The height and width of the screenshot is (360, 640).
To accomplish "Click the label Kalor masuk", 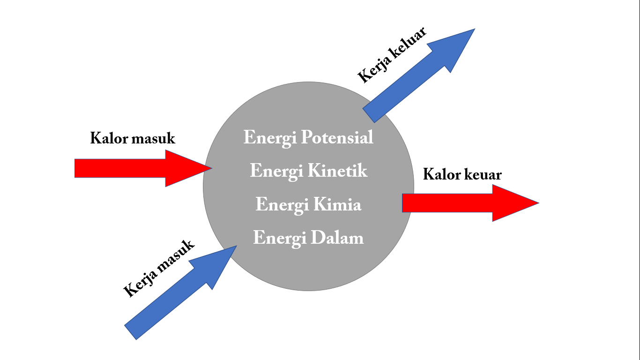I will [133, 139].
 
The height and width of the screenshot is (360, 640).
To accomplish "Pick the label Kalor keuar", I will [462, 174].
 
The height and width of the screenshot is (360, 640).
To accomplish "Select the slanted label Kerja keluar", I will [392, 55].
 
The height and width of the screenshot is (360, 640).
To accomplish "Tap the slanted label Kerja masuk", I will [159, 269].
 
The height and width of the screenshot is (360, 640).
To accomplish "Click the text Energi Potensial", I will [308, 138].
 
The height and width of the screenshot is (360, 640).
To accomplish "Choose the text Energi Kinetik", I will [308, 171].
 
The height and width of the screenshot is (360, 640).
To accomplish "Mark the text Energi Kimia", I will [308, 205].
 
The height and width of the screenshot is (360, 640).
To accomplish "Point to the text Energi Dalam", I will [308, 238].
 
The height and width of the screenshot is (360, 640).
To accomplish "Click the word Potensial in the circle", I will [337, 138].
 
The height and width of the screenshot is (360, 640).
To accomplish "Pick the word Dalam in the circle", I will [337, 238].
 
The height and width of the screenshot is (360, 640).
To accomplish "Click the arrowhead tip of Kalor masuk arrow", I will [206, 168].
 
